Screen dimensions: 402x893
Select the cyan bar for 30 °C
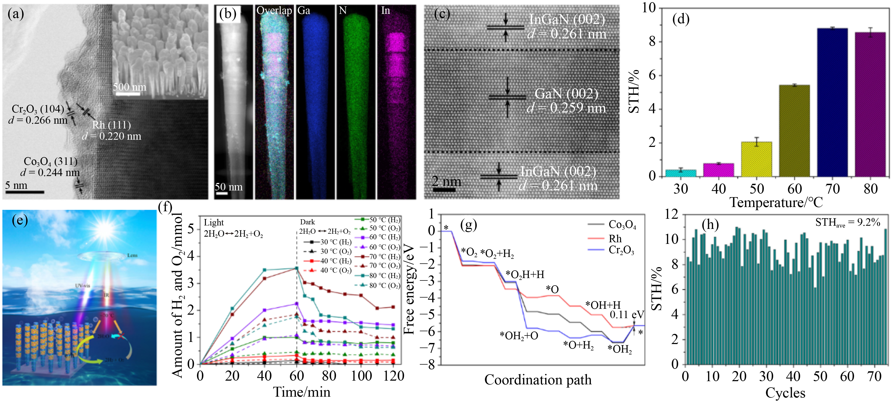(681, 173)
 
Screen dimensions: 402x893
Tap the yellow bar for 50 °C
(756, 159)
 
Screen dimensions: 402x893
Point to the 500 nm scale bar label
(129, 87)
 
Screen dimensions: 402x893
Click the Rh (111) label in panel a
(112, 125)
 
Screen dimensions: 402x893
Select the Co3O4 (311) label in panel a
(51, 161)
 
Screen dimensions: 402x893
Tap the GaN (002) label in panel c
(566, 94)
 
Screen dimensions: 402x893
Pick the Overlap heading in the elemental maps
(274, 10)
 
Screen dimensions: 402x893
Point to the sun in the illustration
(104, 229)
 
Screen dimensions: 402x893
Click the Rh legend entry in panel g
(615, 239)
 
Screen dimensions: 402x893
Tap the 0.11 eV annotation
(626, 315)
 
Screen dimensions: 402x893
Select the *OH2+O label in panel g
(519, 336)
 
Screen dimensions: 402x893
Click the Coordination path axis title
(538, 380)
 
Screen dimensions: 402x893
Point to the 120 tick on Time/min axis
(393, 376)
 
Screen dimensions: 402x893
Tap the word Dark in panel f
(307, 222)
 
